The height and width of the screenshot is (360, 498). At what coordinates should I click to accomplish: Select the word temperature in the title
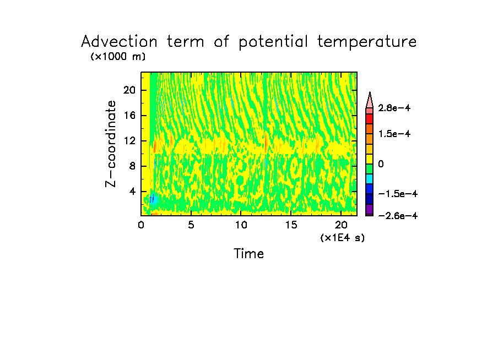(x=366, y=42)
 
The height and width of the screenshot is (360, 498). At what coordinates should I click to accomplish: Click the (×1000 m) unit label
(x=118, y=57)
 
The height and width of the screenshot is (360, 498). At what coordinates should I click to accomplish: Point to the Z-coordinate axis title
(x=112, y=143)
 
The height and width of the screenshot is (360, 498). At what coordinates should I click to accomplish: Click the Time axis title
(x=249, y=254)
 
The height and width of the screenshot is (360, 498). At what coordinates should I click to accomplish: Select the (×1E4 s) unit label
(x=342, y=238)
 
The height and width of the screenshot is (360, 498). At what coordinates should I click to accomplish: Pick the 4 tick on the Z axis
(x=132, y=192)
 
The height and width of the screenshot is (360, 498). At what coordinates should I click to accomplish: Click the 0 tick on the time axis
(x=141, y=225)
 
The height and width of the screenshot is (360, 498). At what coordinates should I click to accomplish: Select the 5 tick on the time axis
(x=191, y=225)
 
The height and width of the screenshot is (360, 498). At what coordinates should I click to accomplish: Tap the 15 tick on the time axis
(x=291, y=225)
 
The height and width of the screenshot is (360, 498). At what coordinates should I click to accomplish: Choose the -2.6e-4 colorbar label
(x=397, y=216)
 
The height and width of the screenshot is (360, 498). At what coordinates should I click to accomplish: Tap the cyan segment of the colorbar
(x=370, y=178)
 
